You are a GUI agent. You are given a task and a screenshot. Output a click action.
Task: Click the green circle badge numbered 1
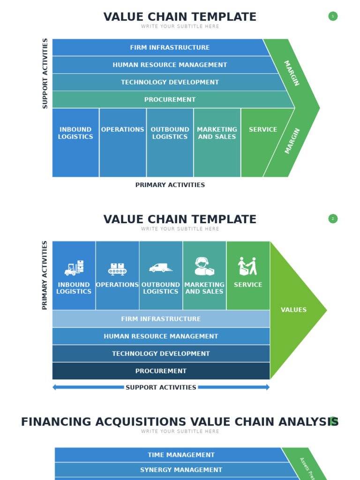pos(333,16)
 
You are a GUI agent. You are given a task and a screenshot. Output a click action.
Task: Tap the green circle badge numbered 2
pos(333,219)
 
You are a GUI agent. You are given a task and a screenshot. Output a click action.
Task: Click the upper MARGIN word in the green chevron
pos(292,73)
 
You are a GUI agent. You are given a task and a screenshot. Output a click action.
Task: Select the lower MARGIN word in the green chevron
pos(292,141)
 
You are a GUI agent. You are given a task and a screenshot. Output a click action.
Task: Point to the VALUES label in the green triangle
pos(293,310)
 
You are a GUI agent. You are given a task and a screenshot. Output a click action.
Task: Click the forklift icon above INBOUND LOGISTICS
pos(74,268)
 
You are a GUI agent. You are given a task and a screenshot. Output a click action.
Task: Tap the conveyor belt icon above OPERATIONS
pos(117,269)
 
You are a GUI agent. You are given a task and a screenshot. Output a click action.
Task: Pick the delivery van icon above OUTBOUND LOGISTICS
pos(161,268)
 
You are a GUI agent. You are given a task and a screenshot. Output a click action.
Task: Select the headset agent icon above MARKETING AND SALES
pos(204,267)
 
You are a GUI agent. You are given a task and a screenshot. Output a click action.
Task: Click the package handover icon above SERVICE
pos(247,266)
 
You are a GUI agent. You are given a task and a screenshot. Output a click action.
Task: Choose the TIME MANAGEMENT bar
pos(181,455)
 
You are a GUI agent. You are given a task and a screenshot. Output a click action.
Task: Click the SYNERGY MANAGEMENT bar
pos(181,470)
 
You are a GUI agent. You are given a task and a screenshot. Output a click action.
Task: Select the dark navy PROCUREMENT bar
pos(161,371)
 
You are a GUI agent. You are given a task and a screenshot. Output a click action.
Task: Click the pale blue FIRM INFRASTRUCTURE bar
pos(161,319)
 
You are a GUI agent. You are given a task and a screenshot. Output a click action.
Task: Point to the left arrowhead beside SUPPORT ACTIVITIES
pos(55,388)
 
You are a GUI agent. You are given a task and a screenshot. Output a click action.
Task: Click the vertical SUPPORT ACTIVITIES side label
pos(45,74)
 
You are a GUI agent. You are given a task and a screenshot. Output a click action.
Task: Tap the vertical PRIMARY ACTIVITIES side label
pos(45,275)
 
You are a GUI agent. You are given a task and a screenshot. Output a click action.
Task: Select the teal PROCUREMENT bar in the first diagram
pos(170,100)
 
